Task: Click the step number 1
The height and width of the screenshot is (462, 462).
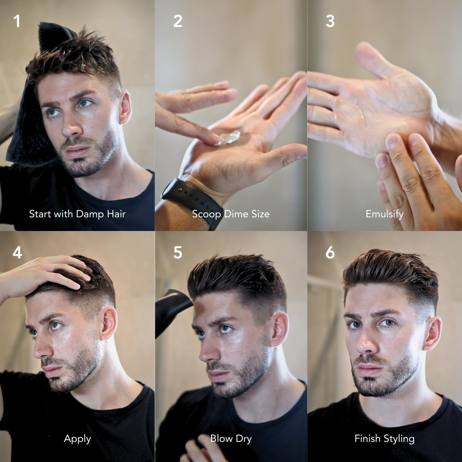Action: (17, 21)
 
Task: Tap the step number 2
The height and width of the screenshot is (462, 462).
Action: (178, 21)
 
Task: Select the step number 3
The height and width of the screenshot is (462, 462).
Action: (330, 21)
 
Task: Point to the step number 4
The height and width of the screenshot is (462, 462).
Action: (17, 252)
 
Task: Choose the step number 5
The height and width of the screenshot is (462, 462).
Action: (178, 252)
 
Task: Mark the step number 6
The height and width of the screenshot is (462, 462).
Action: (330, 252)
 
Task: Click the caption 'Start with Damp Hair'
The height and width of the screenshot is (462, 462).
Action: (77, 214)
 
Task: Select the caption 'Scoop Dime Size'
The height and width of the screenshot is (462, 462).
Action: (231, 214)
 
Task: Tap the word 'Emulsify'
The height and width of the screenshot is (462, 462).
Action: (384, 214)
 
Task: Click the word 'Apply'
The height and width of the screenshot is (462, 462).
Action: (77, 438)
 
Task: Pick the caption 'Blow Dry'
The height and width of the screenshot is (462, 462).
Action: (231, 438)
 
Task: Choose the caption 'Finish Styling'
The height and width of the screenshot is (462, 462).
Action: (384, 438)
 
